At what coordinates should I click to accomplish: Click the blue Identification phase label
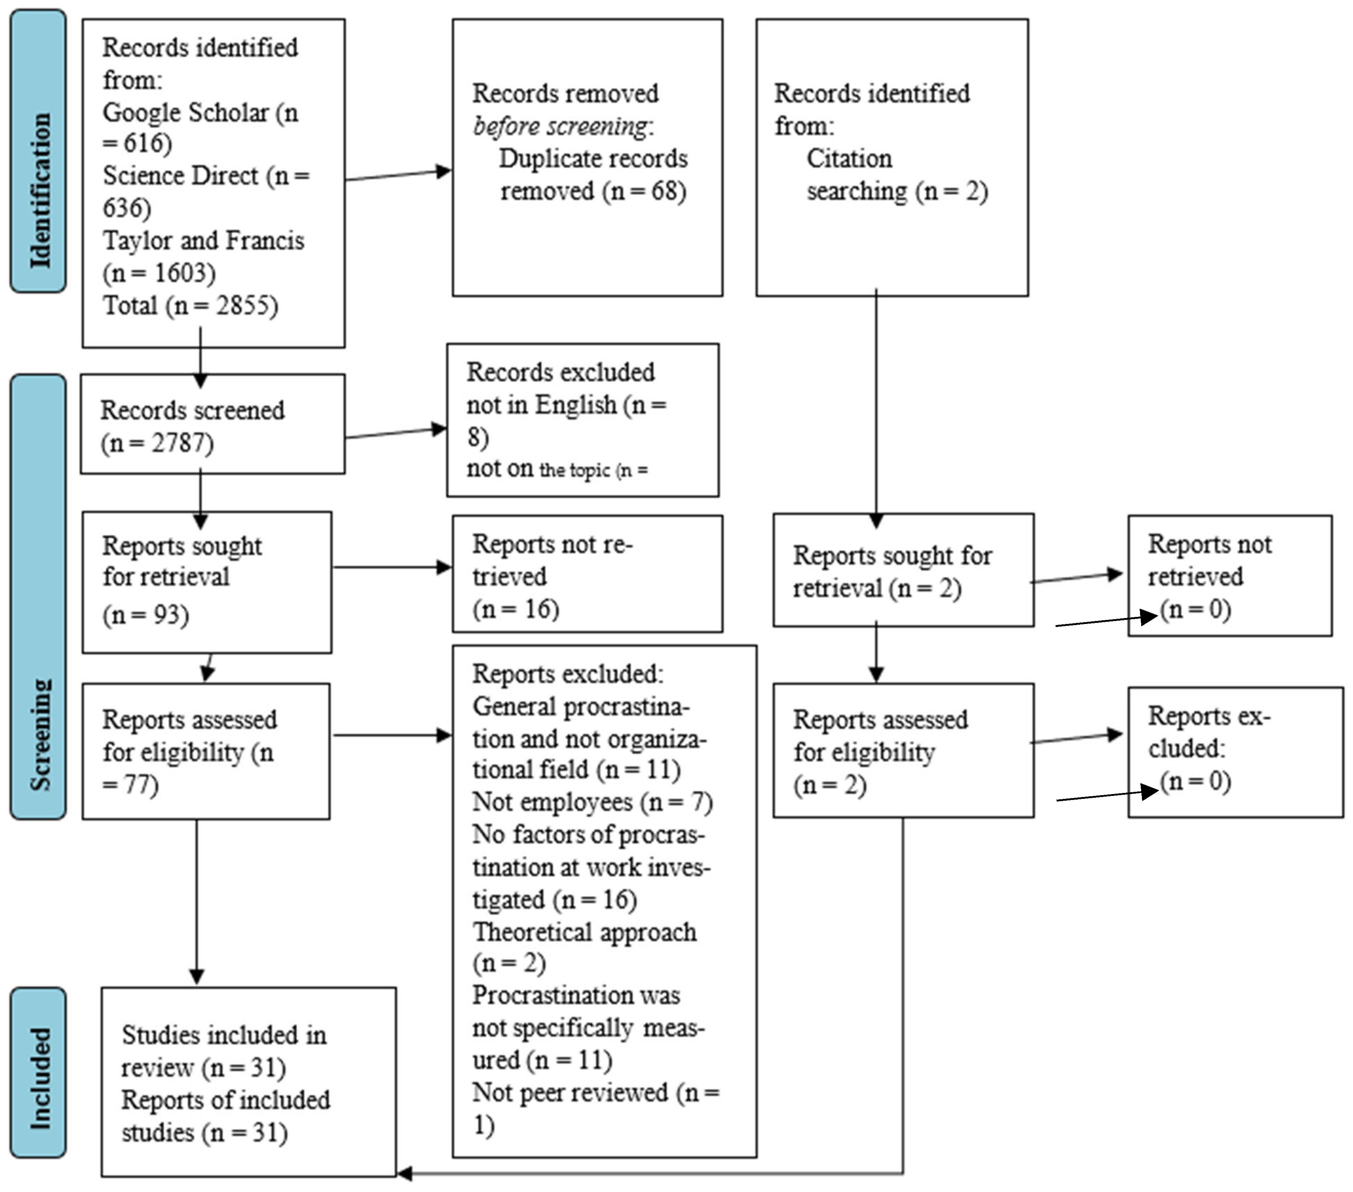pos(39,151)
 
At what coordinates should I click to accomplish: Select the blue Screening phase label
pos(39,596)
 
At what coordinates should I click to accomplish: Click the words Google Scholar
pos(185,113)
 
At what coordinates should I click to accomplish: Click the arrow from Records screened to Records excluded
pos(396,432)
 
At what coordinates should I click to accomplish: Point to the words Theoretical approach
pos(584,932)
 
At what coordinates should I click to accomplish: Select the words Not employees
pos(552,802)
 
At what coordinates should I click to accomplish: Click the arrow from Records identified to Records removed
pos(397,174)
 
